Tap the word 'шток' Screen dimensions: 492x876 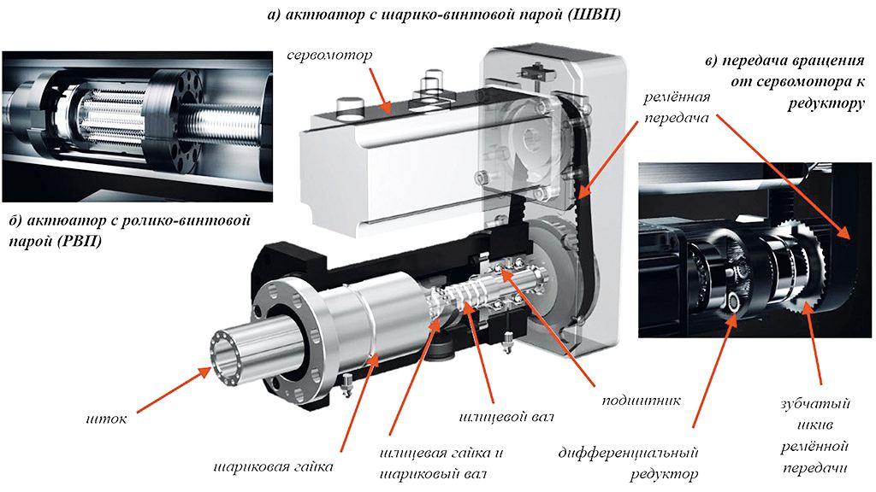(107, 419)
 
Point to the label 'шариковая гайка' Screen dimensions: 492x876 (273, 467)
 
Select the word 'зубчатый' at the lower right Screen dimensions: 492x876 (814, 403)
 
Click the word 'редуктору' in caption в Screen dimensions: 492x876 (826, 102)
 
